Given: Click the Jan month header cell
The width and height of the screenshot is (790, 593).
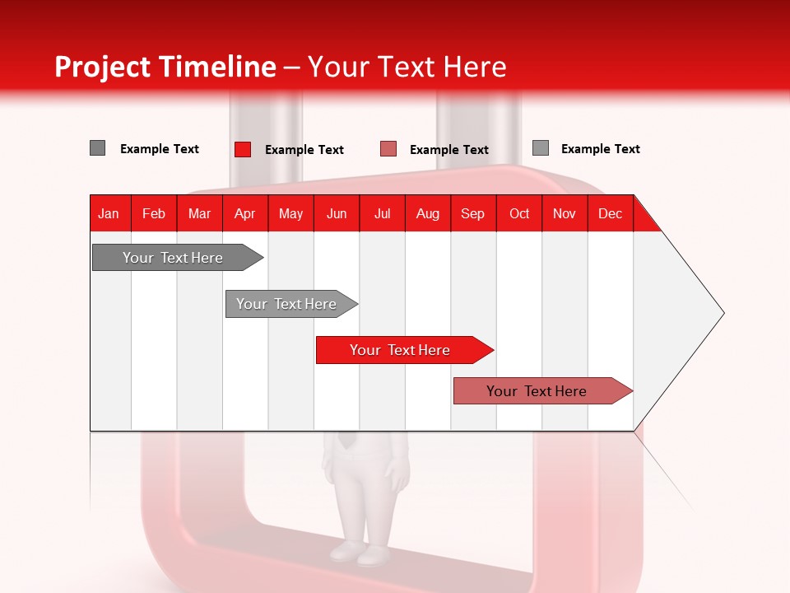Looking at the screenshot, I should [x=109, y=213].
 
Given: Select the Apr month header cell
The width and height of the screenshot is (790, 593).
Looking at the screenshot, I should [x=245, y=213].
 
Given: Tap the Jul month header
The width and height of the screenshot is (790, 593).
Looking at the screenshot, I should [x=382, y=213].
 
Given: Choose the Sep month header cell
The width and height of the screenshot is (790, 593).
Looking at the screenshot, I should [x=473, y=213].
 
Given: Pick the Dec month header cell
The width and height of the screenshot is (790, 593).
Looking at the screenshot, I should [x=610, y=213].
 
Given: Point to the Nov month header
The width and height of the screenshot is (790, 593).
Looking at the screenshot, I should [x=565, y=213].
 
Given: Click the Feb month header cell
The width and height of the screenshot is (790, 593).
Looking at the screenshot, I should [x=154, y=213].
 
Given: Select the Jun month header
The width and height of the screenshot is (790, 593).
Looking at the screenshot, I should [x=337, y=213].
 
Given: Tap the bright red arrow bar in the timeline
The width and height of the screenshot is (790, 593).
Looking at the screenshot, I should [x=401, y=350].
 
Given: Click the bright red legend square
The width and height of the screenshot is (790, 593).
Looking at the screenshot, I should [x=243, y=149].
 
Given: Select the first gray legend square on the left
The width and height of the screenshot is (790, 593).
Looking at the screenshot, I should [x=98, y=148].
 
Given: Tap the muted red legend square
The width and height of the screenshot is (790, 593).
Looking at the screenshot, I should [x=388, y=149].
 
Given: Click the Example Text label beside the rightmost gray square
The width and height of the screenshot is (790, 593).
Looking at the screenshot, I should [x=600, y=149].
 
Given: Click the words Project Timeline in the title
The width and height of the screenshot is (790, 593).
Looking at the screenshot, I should [x=165, y=67].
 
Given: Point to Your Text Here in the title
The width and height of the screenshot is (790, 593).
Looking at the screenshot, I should [x=407, y=67].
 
